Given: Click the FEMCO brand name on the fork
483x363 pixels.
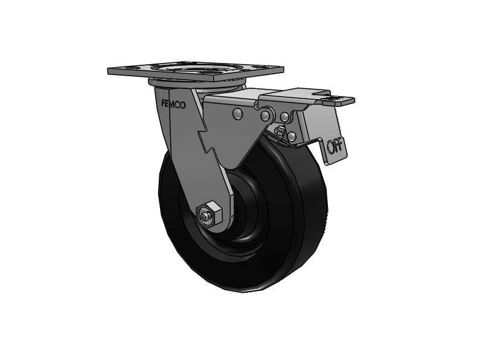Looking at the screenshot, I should point(173,104).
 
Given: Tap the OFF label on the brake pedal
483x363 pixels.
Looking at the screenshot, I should point(333,146).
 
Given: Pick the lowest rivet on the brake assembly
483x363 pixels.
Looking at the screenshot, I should point(293,137).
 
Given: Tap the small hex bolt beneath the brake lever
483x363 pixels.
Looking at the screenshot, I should point(278,132).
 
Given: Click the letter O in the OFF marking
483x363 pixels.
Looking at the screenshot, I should point(330,146).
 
